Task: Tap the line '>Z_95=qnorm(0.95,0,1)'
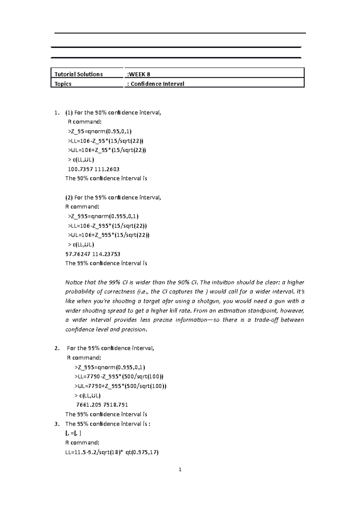pyautogui.click(x=100, y=131)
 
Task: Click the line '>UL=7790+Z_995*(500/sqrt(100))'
pyautogui.click(x=120, y=386)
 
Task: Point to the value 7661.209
pyautogui.click(x=89, y=405)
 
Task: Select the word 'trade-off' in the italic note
pyautogui.click(x=266, y=320)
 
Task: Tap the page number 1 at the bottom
pyautogui.click(x=180, y=470)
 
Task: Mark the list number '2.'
pyautogui.click(x=57, y=348)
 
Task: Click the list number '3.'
pyautogui.click(x=57, y=424)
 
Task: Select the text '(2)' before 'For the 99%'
pyautogui.click(x=69, y=198)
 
